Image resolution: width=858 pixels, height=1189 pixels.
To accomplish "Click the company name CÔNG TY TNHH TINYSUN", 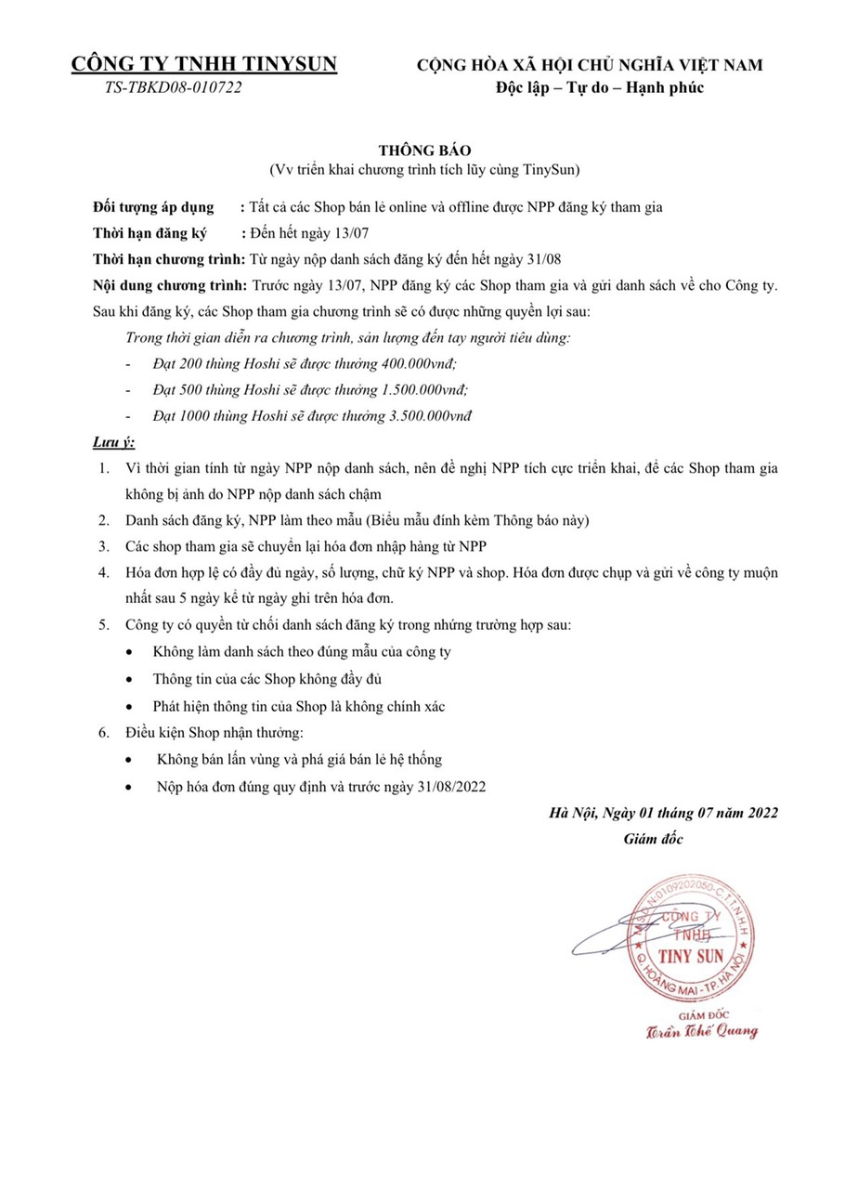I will pyautogui.click(x=204, y=64).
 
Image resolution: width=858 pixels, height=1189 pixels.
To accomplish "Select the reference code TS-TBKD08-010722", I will pyautogui.click(x=174, y=88).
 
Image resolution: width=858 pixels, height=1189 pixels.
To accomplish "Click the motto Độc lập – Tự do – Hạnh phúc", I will pyautogui.click(x=598, y=88).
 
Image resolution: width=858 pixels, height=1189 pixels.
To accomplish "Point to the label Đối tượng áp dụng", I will pyautogui.click(x=153, y=207).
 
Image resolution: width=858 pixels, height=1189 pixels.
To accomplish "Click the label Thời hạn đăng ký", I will pyautogui.click(x=149, y=233).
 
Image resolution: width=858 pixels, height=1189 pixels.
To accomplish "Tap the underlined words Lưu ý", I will pyautogui.click(x=114, y=441).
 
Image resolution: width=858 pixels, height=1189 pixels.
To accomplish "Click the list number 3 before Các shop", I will pyautogui.click(x=104, y=546).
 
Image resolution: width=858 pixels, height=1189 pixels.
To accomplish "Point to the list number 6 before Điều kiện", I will pyautogui.click(x=104, y=733).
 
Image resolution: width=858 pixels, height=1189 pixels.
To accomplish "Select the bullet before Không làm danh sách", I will pyautogui.click(x=130, y=652).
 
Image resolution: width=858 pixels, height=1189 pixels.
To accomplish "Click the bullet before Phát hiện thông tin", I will pyautogui.click(x=130, y=707).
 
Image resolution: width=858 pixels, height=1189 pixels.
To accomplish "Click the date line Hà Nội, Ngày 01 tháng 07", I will pyautogui.click(x=663, y=814).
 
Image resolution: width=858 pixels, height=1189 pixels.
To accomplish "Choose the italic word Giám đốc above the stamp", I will pyautogui.click(x=654, y=840).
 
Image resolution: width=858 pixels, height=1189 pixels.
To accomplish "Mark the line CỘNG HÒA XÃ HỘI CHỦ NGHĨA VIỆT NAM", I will pyautogui.click(x=590, y=64).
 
